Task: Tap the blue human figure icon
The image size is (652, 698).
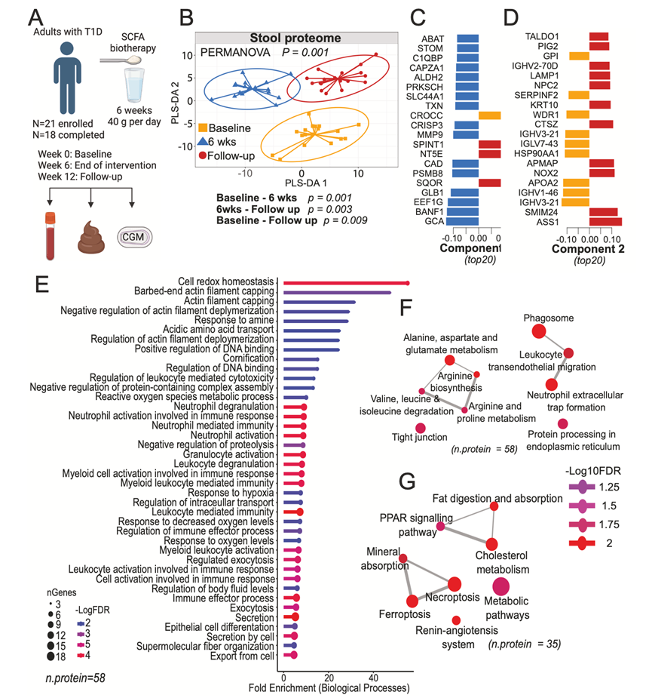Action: click(70, 75)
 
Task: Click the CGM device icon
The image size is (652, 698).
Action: click(134, 238)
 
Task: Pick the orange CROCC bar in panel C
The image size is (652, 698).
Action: click(490, 115)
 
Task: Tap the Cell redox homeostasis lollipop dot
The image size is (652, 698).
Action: click(408, 283)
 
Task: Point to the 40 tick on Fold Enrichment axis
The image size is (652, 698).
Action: click(373, 677)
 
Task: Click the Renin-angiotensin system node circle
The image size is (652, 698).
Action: click(457, 620)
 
